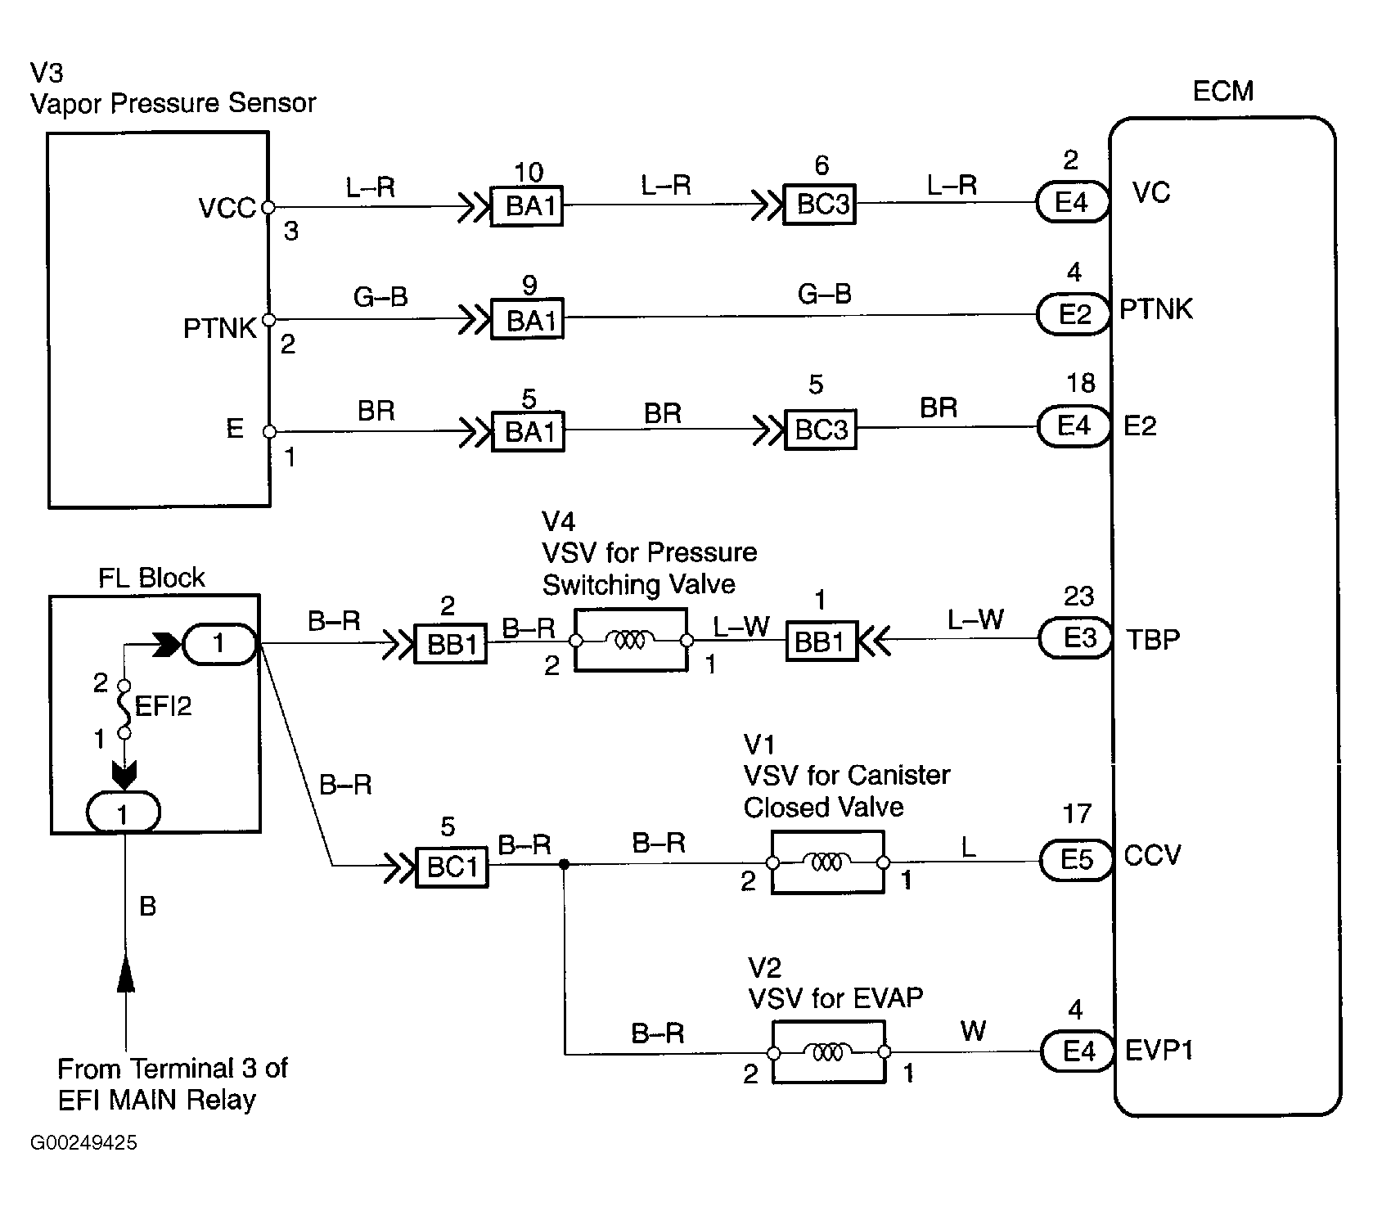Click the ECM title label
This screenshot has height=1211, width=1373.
tap(1222, 91)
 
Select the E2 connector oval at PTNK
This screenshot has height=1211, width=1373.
tap(1074, 314)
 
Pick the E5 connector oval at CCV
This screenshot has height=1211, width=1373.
tap(1076, 860)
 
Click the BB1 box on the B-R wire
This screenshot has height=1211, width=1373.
tap(451, 645)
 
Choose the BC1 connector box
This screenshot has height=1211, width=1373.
tap(452, 867)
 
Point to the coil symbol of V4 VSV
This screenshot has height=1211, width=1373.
tap(630, 641)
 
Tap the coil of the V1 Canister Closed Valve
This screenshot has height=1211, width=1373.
tap(826, 862)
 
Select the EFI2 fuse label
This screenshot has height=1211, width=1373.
tap(163, 706)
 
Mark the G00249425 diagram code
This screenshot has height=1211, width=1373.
tap(83, 1143)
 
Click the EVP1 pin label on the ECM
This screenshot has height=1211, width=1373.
tap(1158, 1051)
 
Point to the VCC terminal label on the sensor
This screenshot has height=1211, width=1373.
tap(227, 209)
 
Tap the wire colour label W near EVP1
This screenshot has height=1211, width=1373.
tap(972, 1031)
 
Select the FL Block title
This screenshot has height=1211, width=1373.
tap(151, 578)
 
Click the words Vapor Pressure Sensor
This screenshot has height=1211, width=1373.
tap(173, 104)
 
